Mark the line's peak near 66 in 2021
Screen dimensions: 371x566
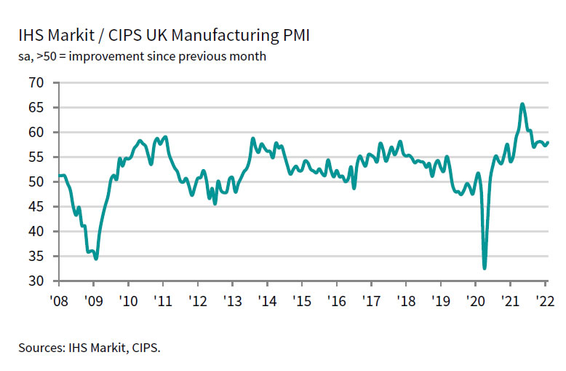coord(522,104)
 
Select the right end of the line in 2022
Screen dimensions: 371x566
coord(548,142)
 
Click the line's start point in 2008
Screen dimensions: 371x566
coord(60,175)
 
